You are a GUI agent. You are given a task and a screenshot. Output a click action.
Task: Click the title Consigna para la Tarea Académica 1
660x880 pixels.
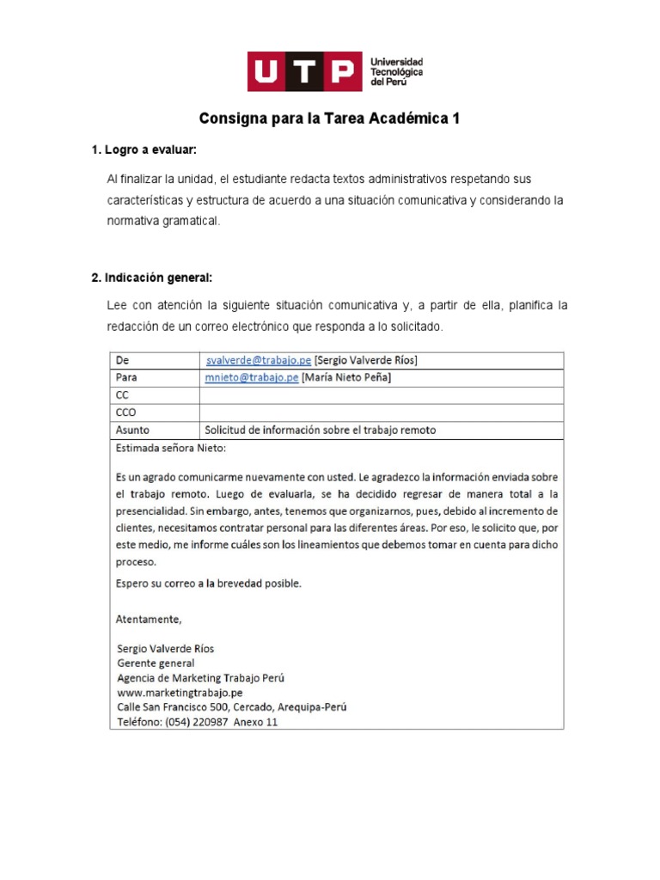(330, 119)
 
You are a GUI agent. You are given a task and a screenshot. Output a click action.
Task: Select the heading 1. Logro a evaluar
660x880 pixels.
(144, 150)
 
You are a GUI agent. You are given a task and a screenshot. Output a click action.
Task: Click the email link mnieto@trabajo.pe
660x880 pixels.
(252, 377)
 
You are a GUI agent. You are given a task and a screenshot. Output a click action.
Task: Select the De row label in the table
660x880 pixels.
(121, 359)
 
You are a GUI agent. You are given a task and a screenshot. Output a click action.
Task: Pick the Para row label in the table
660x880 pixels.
(125, 377)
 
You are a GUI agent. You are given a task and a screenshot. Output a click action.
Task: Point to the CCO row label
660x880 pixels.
(125, 412)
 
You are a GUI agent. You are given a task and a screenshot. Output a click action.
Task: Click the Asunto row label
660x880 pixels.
(131, 431)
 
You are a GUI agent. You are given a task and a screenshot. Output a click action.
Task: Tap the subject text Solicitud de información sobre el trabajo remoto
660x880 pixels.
(320, 431)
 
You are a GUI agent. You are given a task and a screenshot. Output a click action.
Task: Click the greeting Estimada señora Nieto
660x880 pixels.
(171, 448)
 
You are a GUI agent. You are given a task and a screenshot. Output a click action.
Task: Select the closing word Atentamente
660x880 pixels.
(148, 618)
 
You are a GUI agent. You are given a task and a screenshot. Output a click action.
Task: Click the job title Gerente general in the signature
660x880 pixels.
(156, 663)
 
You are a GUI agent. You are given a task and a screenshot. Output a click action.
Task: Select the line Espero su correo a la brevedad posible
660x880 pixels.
(208, 583)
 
